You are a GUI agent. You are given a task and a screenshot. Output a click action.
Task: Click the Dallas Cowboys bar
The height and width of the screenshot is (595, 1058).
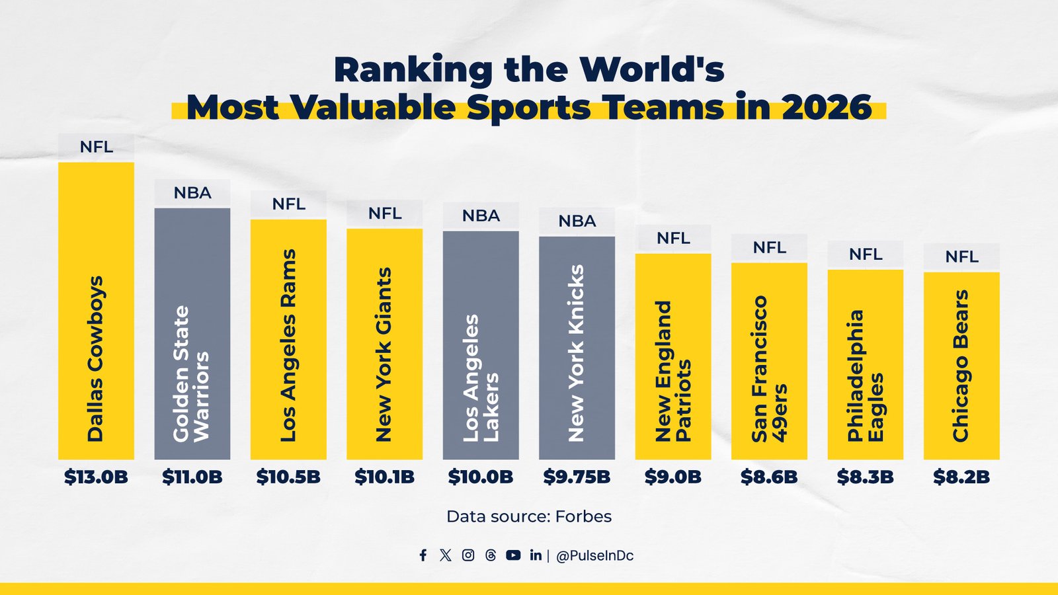coord(96,311)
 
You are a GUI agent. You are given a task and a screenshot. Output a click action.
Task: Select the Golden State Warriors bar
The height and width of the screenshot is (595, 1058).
coord(192,334)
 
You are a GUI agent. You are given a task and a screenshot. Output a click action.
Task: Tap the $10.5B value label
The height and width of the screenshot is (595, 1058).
coord(288,477)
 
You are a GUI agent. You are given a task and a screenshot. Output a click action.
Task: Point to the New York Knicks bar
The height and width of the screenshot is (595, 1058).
coord(577,348)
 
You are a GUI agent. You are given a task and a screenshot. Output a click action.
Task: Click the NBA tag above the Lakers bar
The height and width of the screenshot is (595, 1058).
coord(481,216)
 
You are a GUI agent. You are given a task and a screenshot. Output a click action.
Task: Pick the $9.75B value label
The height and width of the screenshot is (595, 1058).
coord(577,477)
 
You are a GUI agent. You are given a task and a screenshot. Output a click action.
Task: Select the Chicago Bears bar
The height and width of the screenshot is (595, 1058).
coord(961,366)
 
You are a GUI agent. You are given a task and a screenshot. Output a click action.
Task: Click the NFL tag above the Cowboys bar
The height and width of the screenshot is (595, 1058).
coord(96,147)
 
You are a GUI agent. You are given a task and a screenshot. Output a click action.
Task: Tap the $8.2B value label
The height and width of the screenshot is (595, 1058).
coord(961,477)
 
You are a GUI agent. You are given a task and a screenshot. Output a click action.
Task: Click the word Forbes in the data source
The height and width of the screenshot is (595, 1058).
coord(583,516)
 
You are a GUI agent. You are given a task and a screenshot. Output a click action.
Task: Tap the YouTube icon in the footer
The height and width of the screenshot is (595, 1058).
coord(513,555)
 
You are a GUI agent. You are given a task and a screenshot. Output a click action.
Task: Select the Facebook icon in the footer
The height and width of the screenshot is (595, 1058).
coord(423,555)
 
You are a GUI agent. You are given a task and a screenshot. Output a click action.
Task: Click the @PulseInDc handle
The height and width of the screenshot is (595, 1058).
coord(594,556)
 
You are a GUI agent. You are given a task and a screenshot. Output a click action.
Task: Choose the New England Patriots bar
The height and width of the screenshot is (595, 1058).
coord(673,356)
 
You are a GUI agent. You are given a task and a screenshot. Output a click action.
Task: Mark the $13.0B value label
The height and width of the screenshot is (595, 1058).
coord(96,477)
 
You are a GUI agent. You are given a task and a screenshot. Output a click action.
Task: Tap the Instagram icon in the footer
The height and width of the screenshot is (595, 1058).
coord(468,555)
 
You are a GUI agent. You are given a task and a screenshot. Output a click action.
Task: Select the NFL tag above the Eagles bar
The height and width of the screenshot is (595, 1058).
coord(865,255)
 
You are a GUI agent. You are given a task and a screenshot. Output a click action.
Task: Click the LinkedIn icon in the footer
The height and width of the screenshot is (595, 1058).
coord(536,555)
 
